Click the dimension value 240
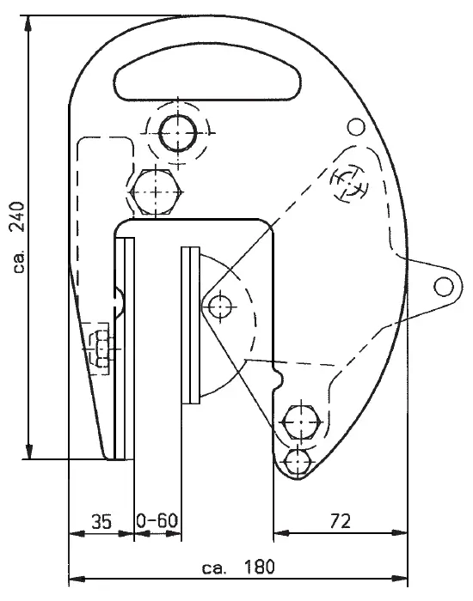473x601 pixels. pyautogui.click(x=18, y=216)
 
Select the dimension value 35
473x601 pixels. pyautogui.click(x=101, y=522)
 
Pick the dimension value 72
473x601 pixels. pyautogui.click(x=341, y=521)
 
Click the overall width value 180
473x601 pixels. pyautogui.click(x=259, y=567)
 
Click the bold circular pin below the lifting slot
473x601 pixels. pyautogui.click(x=178, y=133)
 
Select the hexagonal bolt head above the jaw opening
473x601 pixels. pyautogui.click(x=156, y=192)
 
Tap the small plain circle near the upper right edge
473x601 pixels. pyautogui.click(x=356, y=127)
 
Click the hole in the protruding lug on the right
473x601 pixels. pyautogui.click(x=444, y=286)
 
